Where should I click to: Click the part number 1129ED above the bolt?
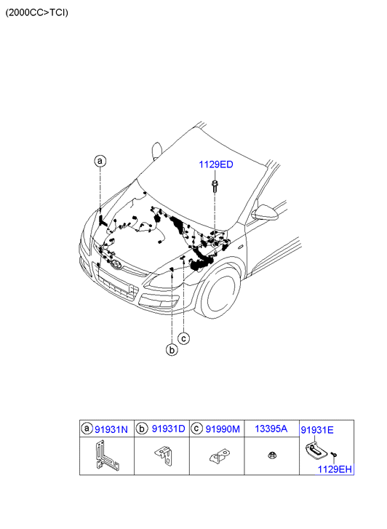pyautogui.click(x=215, y=164)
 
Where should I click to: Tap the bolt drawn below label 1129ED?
pyautogui.click(x=215, y=186)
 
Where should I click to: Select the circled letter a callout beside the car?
pyautogui.click(x=100, y=161)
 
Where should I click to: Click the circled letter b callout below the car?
pyautogui.click(x=172, y=350)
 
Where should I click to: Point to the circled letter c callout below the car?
pyautogui.click(x=184, y=338)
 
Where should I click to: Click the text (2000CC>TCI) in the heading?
pyautogui.click(x=37, y=13)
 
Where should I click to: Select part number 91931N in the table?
pyautogui.click(x=111, y=429)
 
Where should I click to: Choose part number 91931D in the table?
pyautogui.click(x=168, y=429)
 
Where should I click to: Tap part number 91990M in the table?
pyautogui.click(x=223, y=429)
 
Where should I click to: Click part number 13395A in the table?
pyautogui.click(x=271, y=429)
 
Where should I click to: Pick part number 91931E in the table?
pyautogui.click(x=317, y=430)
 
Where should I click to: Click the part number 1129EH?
pyautogui.click(x=335, y=469)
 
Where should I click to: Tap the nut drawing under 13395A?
pyautogui.click(x=272, y=456)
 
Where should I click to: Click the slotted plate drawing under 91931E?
pyautogui.click(x=316, y=452)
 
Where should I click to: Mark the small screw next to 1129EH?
pyautogui.click(x=334, y=455)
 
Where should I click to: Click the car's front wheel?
pyautogui.click(x=219, y=293)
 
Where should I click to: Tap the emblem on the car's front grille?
pyautogui.click(x=116, y=265)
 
